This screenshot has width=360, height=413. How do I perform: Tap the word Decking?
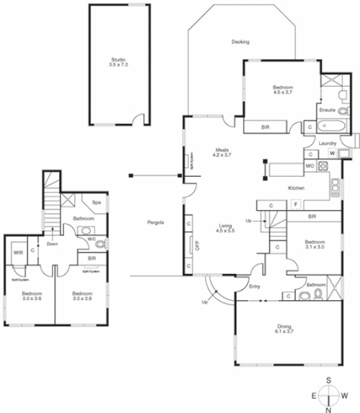tap(241, 42)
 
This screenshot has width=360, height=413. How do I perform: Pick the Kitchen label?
tap(296, 188)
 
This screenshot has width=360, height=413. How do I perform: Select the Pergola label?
tap(156, 223)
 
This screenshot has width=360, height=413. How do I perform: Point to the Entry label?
tap(254, 286)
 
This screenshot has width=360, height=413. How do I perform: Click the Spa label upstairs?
tap(96, 203)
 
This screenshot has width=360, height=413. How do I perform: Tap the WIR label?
tap(17, 253)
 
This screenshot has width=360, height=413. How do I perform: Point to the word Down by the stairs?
tap(52, 244)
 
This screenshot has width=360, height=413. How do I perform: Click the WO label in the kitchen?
tap(309, 166)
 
